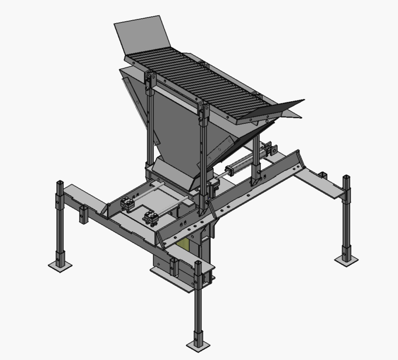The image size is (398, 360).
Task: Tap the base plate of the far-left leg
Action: coord(60,264)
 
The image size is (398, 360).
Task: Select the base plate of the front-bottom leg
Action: coord(199,344)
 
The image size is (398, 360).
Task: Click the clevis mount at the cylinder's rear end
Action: coord(272,150)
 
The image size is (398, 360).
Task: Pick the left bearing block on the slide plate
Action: coord(128,204)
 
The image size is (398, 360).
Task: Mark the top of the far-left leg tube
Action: coord(60,183)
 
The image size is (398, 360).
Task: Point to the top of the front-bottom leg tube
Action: coord(199,263)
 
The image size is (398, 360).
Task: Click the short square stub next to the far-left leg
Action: coord(84,214)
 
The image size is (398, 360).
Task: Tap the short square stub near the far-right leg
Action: coord(323,175)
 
